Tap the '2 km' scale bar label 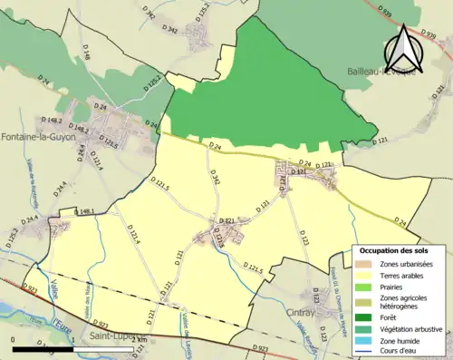pos(139,340)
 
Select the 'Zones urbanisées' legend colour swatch pos(361,263)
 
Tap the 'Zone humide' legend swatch pos(361,340)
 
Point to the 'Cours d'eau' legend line pos(361,351)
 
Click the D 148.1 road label pos(84,211)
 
